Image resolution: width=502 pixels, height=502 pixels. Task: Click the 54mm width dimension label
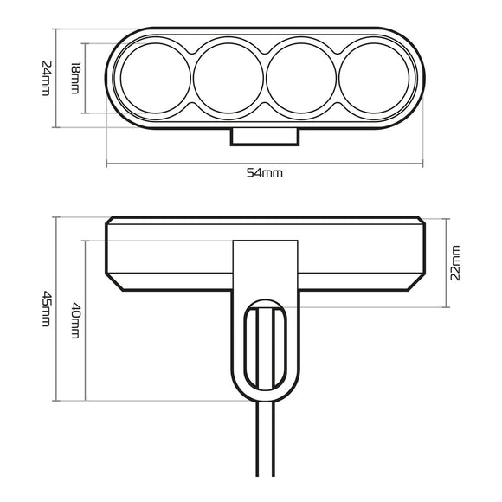[x=265, y=173]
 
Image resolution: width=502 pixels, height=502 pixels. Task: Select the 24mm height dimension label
[x=46, y=78]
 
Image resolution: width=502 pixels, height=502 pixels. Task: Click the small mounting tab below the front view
[x=264, y=136]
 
